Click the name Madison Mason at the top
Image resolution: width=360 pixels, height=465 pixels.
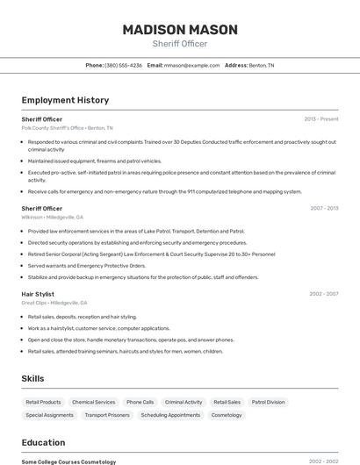coord(180,29)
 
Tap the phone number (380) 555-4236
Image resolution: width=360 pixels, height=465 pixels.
coord(123,65)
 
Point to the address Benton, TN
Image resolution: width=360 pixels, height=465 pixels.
coord(261,65)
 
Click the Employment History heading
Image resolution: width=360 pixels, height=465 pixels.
coord(65,100)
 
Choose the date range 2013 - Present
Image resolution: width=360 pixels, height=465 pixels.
coord(320,118)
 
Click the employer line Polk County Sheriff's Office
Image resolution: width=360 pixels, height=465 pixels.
coord(67,128)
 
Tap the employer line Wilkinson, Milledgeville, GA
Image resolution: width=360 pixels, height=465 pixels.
coord(53,217)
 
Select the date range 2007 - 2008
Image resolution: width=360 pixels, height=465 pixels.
coord(323,208)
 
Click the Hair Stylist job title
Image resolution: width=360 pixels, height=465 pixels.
coord(38,294)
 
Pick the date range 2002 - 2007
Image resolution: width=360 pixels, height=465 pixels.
coord(323,294)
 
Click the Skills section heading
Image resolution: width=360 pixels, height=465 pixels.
coord(33,378)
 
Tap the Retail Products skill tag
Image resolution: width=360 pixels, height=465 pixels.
coord(44,402)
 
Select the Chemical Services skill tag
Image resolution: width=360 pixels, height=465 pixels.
coord(93,402)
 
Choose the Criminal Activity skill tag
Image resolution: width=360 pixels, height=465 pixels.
coord(184,402)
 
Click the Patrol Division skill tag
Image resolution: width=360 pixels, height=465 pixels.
coord(268,402)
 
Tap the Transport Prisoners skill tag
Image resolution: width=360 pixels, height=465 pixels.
coord(107,415)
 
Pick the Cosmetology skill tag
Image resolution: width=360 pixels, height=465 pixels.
coord(227,415)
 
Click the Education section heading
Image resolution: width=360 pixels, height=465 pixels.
coord(43,442)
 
